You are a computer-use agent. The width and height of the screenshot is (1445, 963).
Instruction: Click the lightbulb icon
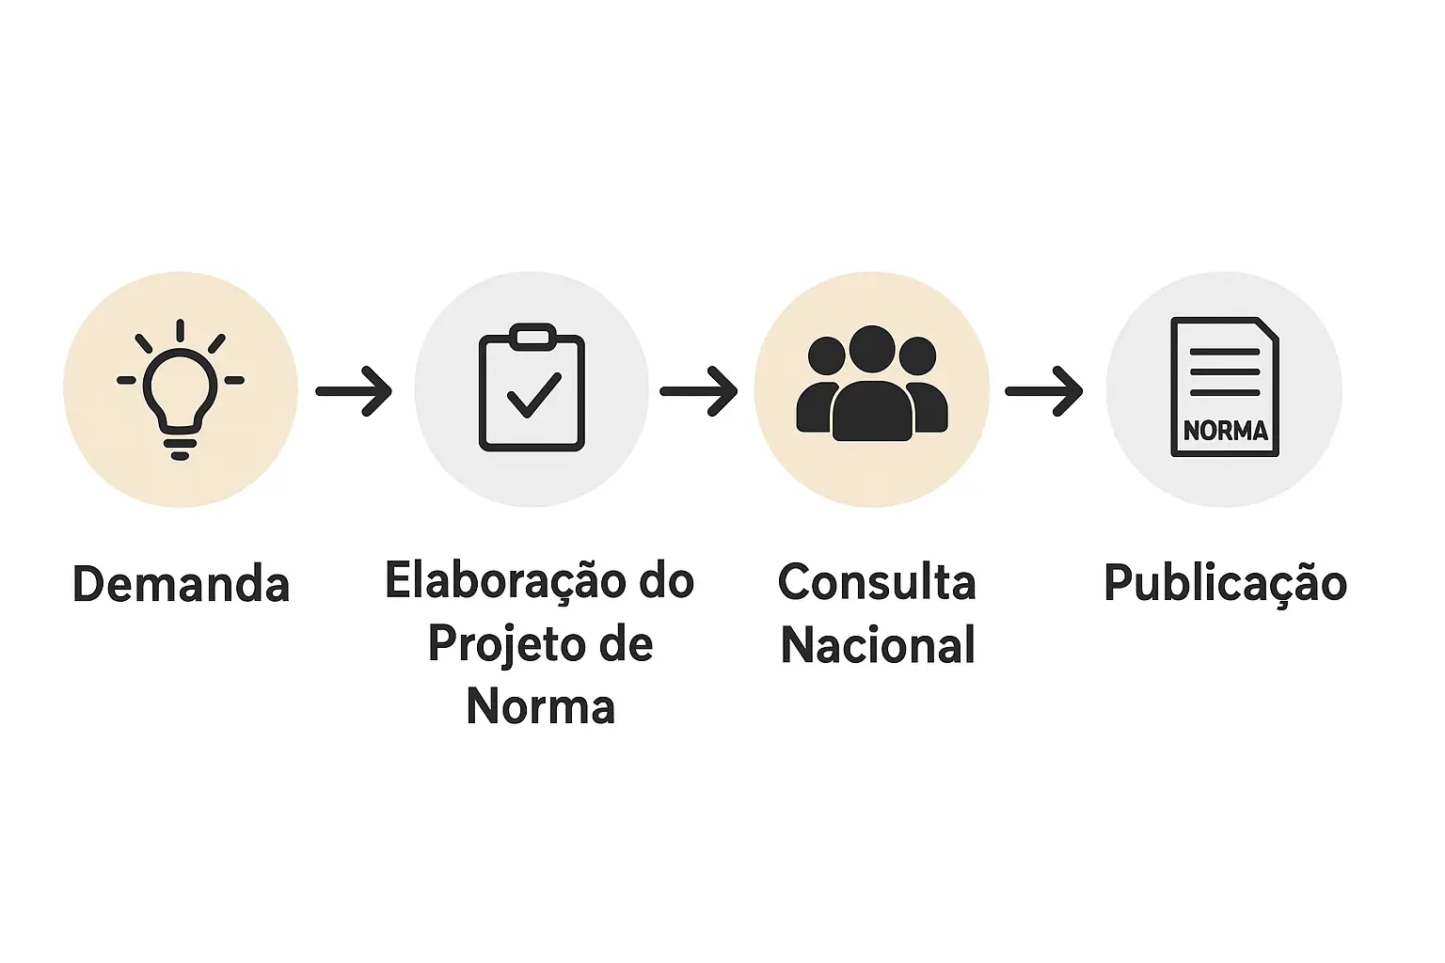(180, 389)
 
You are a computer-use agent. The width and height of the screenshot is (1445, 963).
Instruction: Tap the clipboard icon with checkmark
(532, 388)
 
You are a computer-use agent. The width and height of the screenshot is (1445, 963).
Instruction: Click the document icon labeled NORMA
(1224, 387)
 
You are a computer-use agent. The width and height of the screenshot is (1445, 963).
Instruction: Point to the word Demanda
(181, 584)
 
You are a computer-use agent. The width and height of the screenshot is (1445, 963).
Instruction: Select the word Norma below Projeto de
(540, 706)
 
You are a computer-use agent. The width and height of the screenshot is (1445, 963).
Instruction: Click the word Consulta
(877, 582)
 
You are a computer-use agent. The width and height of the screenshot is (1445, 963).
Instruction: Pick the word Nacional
(878, 646)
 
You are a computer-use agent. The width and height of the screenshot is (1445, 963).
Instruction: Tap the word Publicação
(1225, 583)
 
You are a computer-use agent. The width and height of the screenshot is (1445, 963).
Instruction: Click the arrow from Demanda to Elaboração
(355, 390)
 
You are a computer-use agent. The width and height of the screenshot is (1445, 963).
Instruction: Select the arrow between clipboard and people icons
(699, 390)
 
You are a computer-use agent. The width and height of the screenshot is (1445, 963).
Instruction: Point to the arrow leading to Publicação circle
(1044, 390)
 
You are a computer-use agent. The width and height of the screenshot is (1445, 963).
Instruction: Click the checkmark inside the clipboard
(533, 395)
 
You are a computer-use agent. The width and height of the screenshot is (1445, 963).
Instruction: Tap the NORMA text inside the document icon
(1225, 431)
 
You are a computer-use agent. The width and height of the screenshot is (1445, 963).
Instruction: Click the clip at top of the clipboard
(532, 336)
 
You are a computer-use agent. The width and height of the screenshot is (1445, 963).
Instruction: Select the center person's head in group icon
(872, 349)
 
